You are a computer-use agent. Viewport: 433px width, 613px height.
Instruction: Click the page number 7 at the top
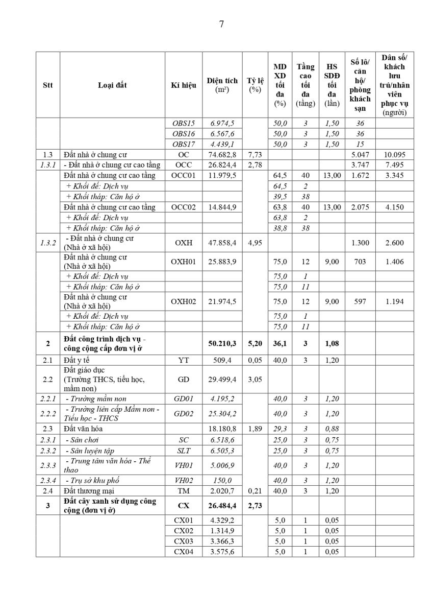tap(221, 24)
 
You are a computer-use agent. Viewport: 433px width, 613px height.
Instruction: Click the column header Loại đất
tap(112, 85)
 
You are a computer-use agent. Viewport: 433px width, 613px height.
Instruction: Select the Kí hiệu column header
tap(184, 85)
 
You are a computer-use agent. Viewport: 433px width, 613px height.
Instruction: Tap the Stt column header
tap(48, 85)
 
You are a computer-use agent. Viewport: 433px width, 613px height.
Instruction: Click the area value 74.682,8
tap(222, 154)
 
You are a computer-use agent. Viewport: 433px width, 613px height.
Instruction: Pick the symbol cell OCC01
tap(184, 176)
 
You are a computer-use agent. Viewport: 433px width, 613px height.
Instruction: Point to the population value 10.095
tap(395, 154)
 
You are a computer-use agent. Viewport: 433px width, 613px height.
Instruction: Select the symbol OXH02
tap(184, 301)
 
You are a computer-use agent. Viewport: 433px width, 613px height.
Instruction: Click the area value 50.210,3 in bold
tap(222, 344)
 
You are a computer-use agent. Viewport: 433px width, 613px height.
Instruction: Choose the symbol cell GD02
tap(184, 414)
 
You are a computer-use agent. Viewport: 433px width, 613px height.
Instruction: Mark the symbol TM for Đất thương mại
tap(184, 491)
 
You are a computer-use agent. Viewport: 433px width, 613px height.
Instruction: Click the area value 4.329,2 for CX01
tap(222, 520)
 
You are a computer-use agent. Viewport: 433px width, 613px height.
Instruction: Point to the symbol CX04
tap(184, 551)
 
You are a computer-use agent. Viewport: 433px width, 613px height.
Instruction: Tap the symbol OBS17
tap(184, 144)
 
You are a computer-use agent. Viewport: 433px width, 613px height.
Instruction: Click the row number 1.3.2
tap(48, 243)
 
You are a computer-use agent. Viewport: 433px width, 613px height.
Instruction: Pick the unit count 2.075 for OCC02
tap(361, 207)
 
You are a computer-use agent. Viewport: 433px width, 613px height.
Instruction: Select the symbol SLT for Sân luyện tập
tap(184, 451)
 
